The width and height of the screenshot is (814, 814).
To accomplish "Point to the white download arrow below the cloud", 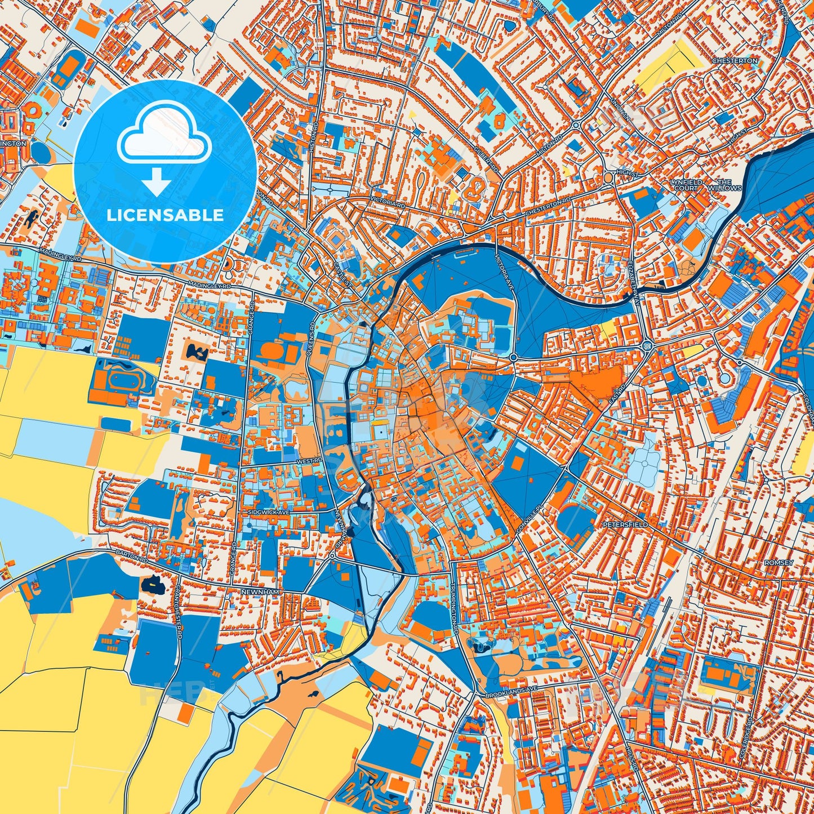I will click(x=157, y=181).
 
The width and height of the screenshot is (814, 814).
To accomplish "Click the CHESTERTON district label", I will click(x=735, y=60).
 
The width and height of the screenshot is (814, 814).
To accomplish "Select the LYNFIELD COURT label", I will click(x=686, y=185).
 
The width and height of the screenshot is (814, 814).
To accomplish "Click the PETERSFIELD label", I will click(x=625, y=524).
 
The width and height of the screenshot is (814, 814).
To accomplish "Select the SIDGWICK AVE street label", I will click(x=269, y=513).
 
